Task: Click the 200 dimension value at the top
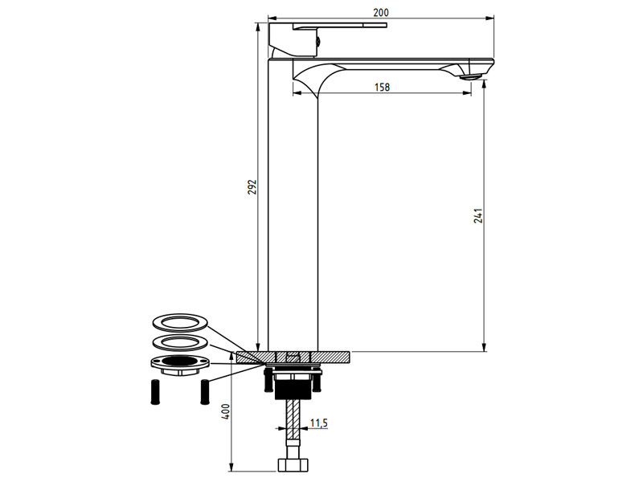382,12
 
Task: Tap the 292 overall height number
251,186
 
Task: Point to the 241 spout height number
477,218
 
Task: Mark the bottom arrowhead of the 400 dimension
231,468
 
